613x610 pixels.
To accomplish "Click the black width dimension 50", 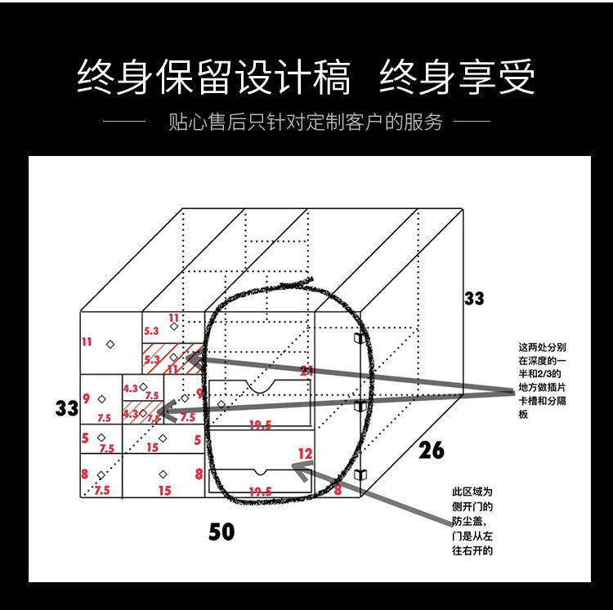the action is pyautogui.click(x=221, y=532).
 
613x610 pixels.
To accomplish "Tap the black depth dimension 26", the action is pyautogui.click(x=432, y=448).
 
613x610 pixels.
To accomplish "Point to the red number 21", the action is pyautogui.click(x=306, y=371).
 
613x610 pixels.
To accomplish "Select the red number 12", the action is pyautogui.click(x=305, y=452).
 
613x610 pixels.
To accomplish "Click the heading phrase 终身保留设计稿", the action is pyautogui.click(x=214, y=78).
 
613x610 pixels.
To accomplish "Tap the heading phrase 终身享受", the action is pyautogui.click(x=457, y=78).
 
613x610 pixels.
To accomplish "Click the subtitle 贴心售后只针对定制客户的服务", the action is pyautogui.click(x=305, y=123).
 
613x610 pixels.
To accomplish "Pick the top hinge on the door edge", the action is pyautogui.click(x=358, y=337).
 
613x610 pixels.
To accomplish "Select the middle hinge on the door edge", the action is pyautogui.click(x=358, y=405).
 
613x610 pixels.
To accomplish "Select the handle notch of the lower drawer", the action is pyautogui.click(x=260, y=471).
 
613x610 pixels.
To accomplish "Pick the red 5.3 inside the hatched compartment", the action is pyautogui.click(x=152, y=358).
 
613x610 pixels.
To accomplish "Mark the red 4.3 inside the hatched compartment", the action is pyautogui.click(x=131, y=414).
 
